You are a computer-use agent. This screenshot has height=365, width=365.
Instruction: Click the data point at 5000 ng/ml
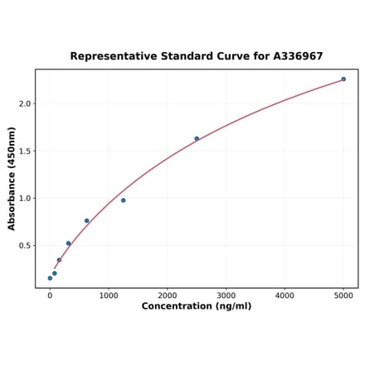(343, 79)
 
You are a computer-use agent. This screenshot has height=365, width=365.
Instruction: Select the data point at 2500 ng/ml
(197, 138)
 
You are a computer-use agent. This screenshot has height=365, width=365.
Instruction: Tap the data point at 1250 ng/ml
(124, 200)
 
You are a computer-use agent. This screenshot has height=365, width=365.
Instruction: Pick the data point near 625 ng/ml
(86, 221)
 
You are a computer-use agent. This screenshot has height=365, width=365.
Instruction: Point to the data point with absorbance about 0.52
(68, 243)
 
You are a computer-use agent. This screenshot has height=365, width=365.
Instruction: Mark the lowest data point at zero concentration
(50, 278)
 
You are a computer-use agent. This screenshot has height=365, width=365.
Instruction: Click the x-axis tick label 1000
(109, 295)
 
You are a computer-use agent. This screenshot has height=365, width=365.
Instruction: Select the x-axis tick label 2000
(168, 295)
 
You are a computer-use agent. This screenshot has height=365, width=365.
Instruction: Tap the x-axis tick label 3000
(226, 295)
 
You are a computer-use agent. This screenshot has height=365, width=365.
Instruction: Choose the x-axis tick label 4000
(285, 295)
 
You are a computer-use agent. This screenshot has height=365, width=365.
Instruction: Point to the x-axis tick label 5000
(343, 295)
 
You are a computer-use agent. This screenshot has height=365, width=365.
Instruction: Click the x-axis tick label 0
(50, 295)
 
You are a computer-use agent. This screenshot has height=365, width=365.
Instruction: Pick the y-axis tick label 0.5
(24, 246)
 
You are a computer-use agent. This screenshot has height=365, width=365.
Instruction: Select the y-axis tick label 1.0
(24, 199)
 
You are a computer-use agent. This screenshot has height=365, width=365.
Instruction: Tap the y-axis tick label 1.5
(24, 151)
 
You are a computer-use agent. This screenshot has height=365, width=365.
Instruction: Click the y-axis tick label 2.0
(24, 104)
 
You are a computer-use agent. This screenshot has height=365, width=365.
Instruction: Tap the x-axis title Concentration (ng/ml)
(197, 306)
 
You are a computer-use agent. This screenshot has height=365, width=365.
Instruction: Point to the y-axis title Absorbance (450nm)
(12, 178)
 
